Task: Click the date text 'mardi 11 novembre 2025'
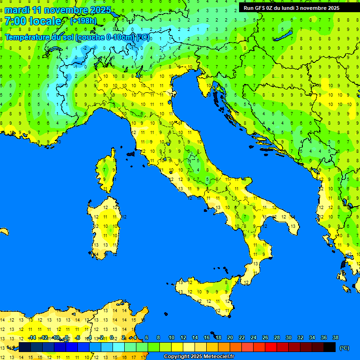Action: (x=58, y=10)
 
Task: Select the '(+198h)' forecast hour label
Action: (x=83, y=21)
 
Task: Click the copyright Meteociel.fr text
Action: (x=199, y=357)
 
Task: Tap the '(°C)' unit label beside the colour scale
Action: (x=344, y=348)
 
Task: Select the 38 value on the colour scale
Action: (x=335, y=337)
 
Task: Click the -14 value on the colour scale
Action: (x=32, y=337)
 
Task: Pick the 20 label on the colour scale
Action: (x=230, y=337)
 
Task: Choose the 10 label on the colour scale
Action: (x=172, y=337)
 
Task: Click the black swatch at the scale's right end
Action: (x=330, y=347)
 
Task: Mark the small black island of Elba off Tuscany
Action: (x=131, y=153)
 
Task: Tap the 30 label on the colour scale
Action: (x=288, y=337)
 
